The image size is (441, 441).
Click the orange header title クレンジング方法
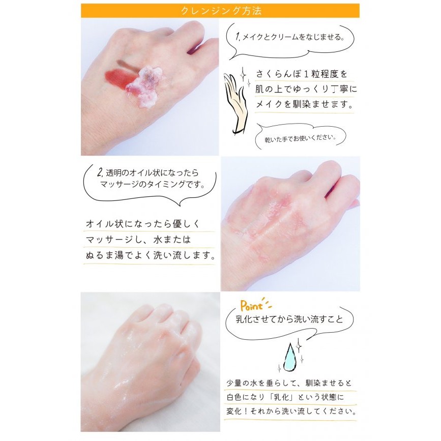(x=221, y=11)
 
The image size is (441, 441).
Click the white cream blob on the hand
(x=145, y=86)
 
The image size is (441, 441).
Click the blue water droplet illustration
(x=290, y=357)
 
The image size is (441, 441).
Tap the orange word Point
(x=251, y=305)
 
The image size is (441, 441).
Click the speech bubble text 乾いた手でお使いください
(x=300, y=138)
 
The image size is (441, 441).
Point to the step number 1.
(x=238, y=37)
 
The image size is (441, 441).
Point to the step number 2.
(x=100, y=172)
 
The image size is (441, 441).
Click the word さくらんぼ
(x=278, y=74)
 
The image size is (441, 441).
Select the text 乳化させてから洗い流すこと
(x=289, y=319)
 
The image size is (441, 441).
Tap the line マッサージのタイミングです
(x=153, y=185)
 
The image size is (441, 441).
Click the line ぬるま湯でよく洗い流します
(x=151, y=255)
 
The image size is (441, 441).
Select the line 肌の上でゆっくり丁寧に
(x=306, y=89)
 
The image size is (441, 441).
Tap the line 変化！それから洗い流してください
(x=291, y=411)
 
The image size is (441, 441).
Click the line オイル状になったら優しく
(x=143, y=224)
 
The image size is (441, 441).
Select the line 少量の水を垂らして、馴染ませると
(x=289, y=383)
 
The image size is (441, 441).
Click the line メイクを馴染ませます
(x=304, y=104)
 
